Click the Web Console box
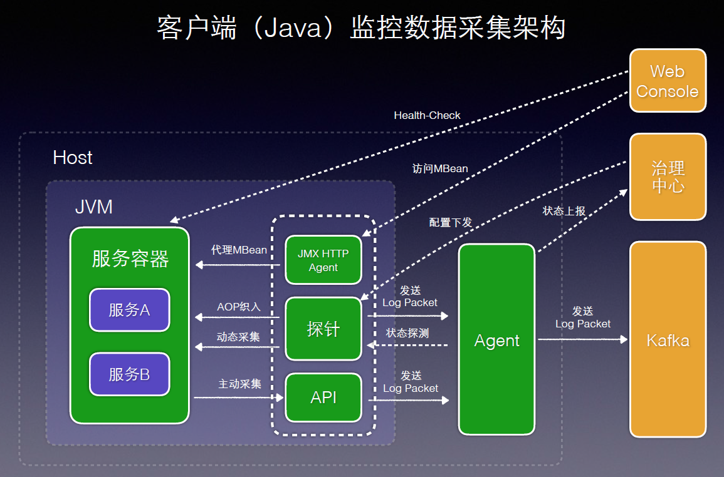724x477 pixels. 668,81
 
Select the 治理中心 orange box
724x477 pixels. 668,177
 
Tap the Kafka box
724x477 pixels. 668,340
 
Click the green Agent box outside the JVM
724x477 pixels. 496,340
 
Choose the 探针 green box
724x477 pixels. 323,329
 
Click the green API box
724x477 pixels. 323,397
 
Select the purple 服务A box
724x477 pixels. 129,309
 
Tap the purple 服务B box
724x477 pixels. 129,374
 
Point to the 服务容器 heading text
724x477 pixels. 130,259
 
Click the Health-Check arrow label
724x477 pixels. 427,115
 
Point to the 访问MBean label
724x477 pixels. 440,169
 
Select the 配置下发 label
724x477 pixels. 451,222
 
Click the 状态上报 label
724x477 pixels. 564,211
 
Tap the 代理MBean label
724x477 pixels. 239,250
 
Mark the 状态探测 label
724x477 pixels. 407,333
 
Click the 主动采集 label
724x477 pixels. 239,384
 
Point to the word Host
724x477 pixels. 73,157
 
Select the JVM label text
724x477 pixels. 94,207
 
